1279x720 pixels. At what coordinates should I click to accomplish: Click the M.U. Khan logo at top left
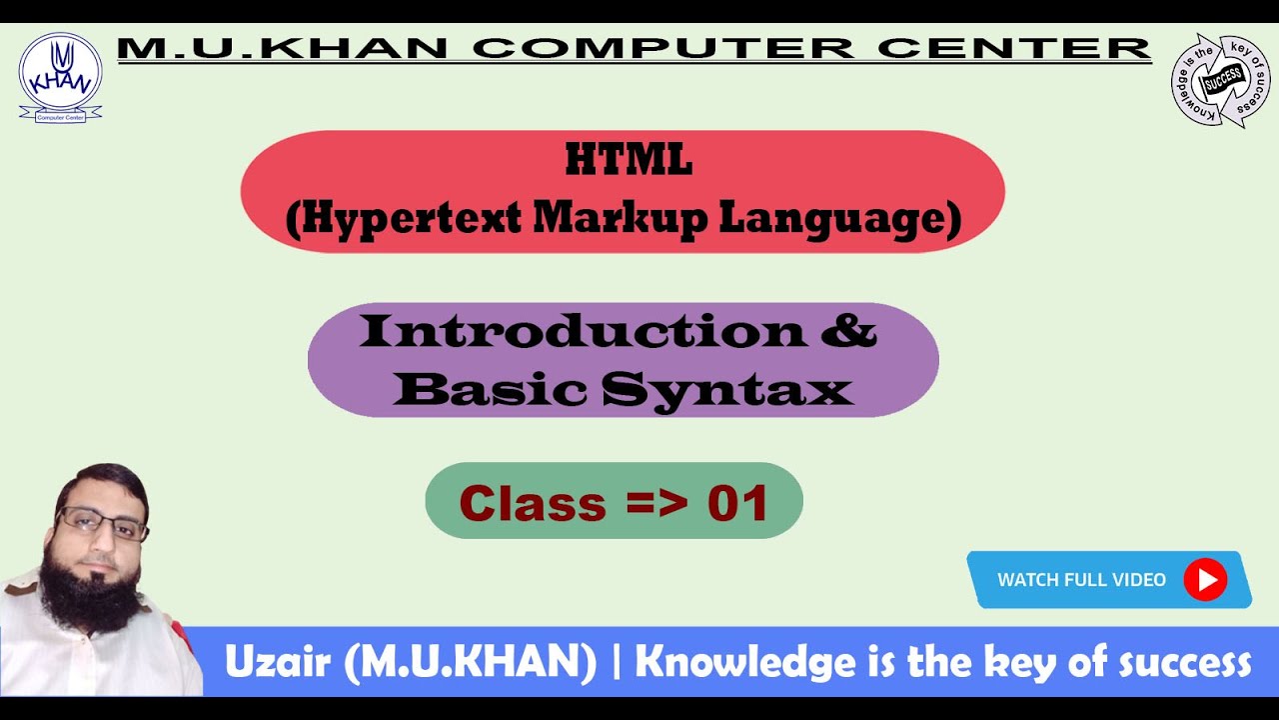coord(60,78)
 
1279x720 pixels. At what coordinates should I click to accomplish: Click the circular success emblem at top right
coord(1220,81)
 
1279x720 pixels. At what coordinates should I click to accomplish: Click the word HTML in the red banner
coord(629,161)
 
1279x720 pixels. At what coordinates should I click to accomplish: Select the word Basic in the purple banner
coord(491,389)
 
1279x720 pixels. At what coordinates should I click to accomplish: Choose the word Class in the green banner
coord(533,503)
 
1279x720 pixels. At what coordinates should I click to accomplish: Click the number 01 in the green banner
coord(737,503)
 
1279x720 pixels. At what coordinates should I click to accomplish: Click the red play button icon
coord(1205,580)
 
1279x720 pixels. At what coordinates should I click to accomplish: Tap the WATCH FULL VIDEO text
coord(1081,580)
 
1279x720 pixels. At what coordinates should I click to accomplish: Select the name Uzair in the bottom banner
coord(279,663)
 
